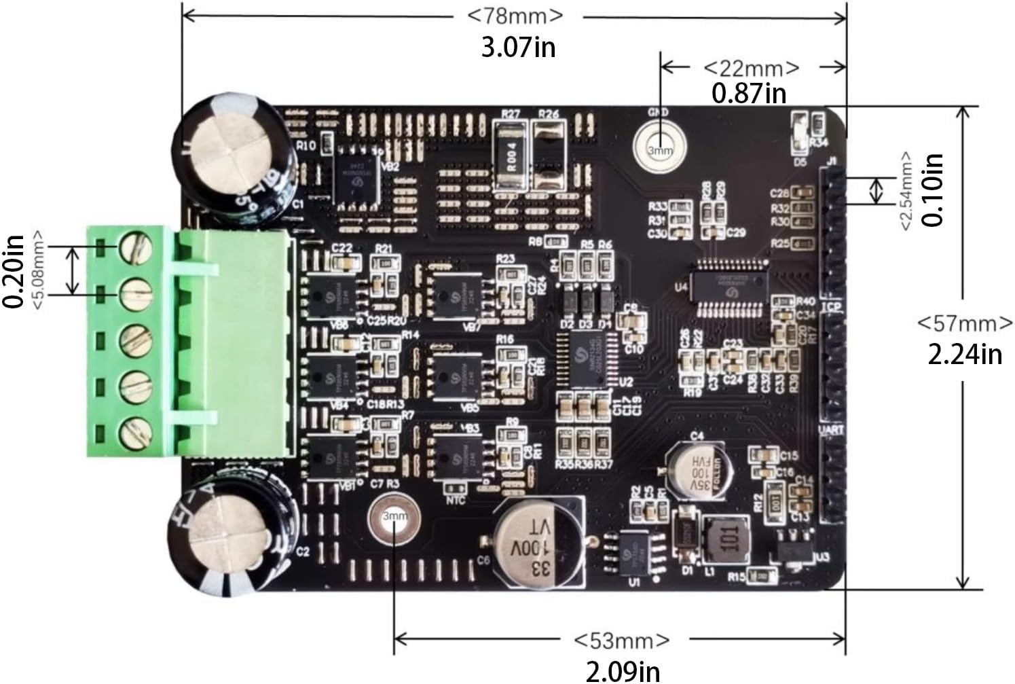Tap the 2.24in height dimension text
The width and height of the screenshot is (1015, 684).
[965, 353]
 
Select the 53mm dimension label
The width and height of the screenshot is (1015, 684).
[621, 640]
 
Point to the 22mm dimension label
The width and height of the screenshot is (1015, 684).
[751, 68]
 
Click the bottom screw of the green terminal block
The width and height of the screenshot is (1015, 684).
[134, 433]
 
